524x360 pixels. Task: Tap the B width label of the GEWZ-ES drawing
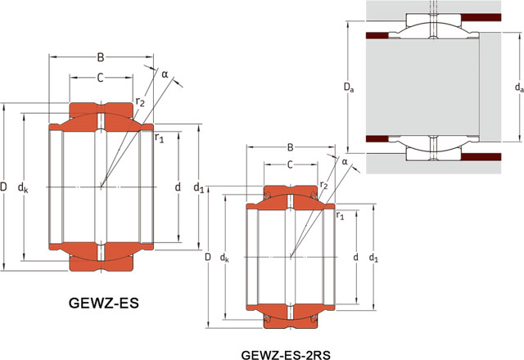pos(101,57)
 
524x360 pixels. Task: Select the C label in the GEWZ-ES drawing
pos(101,78)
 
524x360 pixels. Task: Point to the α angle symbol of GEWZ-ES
pos(165,74)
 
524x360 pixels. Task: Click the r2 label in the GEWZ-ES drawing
pos(140,101)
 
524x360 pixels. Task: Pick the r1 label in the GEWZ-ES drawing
pos(160,138)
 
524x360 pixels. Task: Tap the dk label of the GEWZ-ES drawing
pos(24,188)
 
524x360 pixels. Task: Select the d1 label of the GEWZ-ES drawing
pos(198,189)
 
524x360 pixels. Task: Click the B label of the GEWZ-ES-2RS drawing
pos(290,147)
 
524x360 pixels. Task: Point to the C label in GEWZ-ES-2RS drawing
pos(291,164)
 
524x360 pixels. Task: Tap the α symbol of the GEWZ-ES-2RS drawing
pos(345,162)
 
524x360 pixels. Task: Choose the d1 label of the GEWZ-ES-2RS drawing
pos(374,259)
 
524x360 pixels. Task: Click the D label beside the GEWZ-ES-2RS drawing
pos(209,259)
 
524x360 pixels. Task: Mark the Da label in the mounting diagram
pos(350,84)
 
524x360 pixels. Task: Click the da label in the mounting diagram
pos(519,84)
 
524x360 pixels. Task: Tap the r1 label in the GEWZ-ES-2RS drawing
pos(339,215)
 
